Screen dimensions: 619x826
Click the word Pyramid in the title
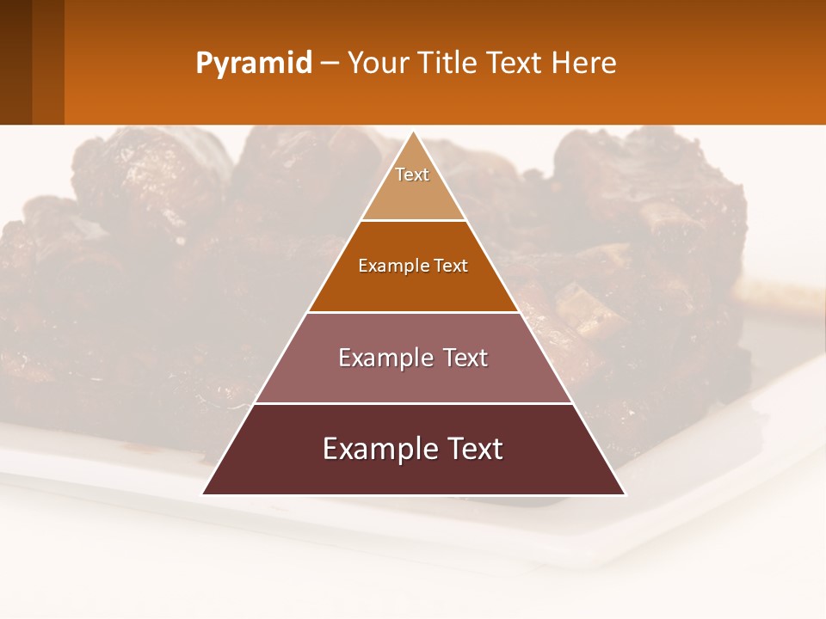point(254,64)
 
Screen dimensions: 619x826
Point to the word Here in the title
point(584,63)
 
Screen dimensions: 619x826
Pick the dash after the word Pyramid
point(330,64)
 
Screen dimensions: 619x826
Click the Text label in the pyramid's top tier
point(412,175)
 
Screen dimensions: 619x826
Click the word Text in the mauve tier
point(465,358)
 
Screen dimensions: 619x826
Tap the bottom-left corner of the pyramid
point(203,494)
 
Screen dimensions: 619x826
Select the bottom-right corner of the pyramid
point(625,494)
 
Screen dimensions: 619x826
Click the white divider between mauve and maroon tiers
point(414,403)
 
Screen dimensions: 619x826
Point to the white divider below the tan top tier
point(414,220)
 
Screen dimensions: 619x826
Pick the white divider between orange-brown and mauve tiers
point(414,312)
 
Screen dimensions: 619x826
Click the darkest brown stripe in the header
point(15,62)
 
